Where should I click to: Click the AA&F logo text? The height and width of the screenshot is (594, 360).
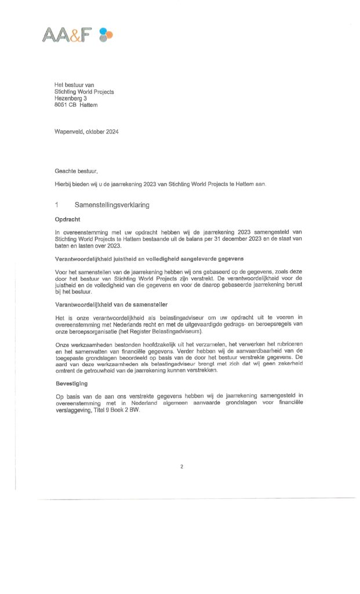tap(67, 35)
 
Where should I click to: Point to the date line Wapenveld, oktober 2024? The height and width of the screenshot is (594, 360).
tap(86, 132)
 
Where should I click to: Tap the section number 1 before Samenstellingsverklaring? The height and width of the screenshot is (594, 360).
tap(57, 205)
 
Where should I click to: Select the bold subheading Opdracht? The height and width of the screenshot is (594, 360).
tap(67, 220)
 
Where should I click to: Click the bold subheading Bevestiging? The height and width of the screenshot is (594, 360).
tap(72, 383)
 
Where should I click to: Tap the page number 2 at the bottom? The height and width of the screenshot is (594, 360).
tap(181, 466)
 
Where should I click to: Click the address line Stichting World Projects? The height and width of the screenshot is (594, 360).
tap(84, 92)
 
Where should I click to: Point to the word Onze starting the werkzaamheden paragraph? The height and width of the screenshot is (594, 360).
tap(61, 344)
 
